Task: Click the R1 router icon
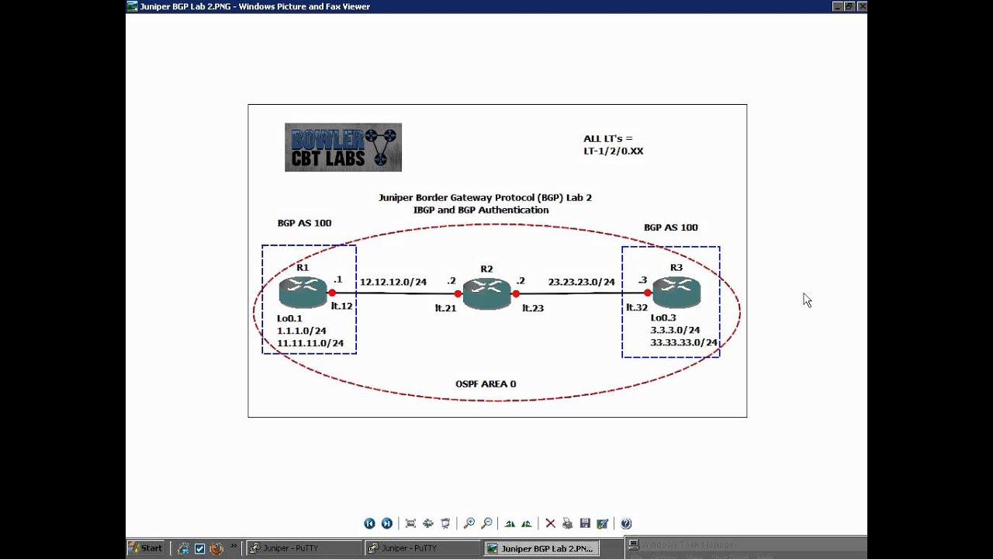tap(303, 293)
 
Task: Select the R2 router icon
tap(486, 293)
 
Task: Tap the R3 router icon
tap(676, 293)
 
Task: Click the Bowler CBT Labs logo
tap(343, 147)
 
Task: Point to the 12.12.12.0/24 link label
tap(393, 282)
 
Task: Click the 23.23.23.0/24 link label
tap(581, 282)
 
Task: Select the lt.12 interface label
tap(341, 306)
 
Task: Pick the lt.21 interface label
tap(445, 308)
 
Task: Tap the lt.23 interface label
tap(533, 308)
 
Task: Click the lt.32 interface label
tap(637, 307)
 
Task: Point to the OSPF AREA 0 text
tap(486, 384)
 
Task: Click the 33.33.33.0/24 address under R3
tap(683, 342)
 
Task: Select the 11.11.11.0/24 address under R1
tap(310, 343)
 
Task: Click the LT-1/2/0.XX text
tap(614, 151)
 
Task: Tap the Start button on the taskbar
tap(146, 548)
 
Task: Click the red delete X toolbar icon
tap(550, 523)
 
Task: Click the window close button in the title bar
tap(862, 6)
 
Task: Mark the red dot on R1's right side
tap(332, 293)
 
